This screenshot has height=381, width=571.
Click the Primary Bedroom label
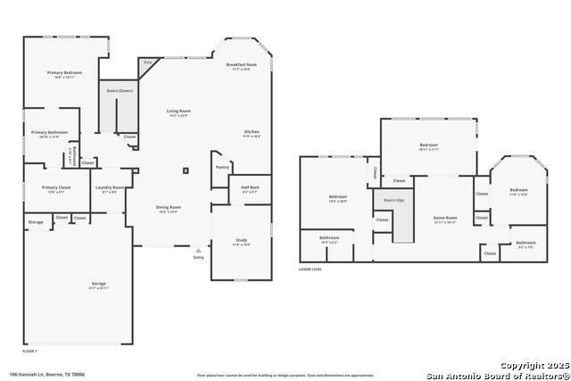point(65,71)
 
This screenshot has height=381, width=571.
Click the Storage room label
point(36,221)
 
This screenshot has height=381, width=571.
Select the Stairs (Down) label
point(120,91)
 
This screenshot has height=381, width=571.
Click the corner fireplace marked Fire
point(147,63)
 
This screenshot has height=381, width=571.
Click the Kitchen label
point(252,132)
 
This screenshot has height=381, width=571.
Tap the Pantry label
point(222,167)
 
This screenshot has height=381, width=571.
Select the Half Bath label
point(249,187)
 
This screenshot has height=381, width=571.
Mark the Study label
point(241,240)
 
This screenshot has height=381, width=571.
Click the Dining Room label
point(169,208)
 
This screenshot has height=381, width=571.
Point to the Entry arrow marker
point(198,252)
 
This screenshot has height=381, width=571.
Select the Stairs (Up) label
point(394,201)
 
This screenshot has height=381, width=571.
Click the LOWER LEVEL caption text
point(310,269)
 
